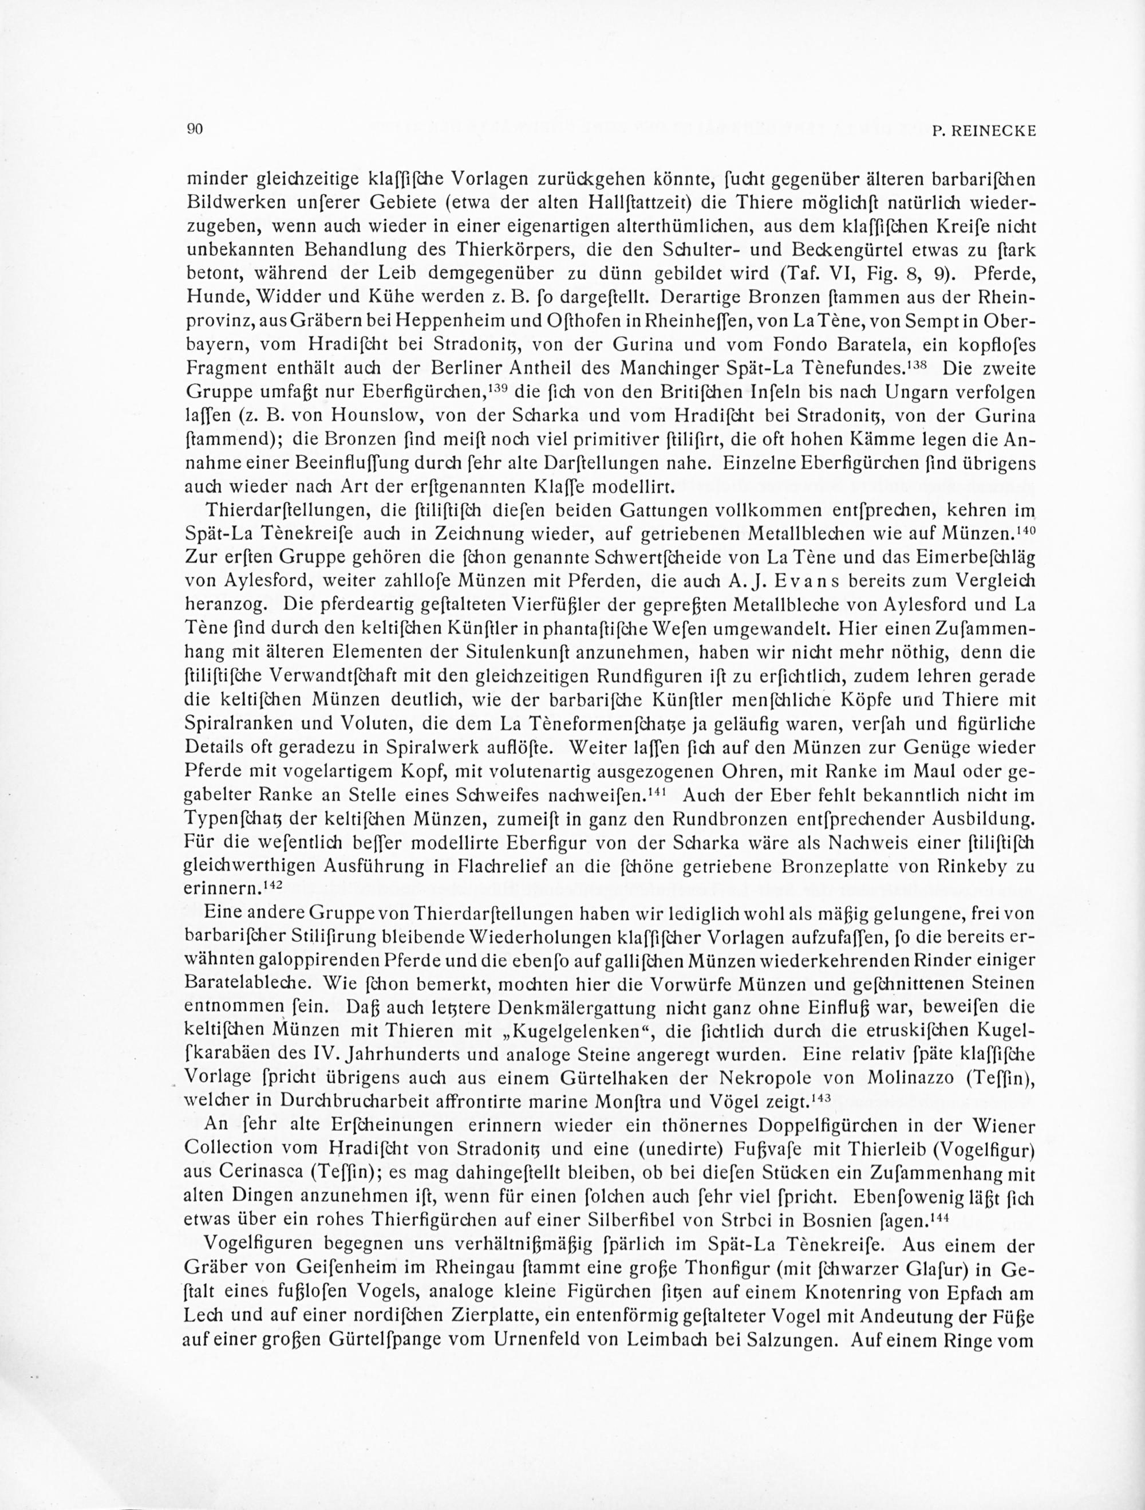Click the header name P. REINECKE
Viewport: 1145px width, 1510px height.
click(984, 132)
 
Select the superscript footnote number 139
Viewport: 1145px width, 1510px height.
click(500, 389)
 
